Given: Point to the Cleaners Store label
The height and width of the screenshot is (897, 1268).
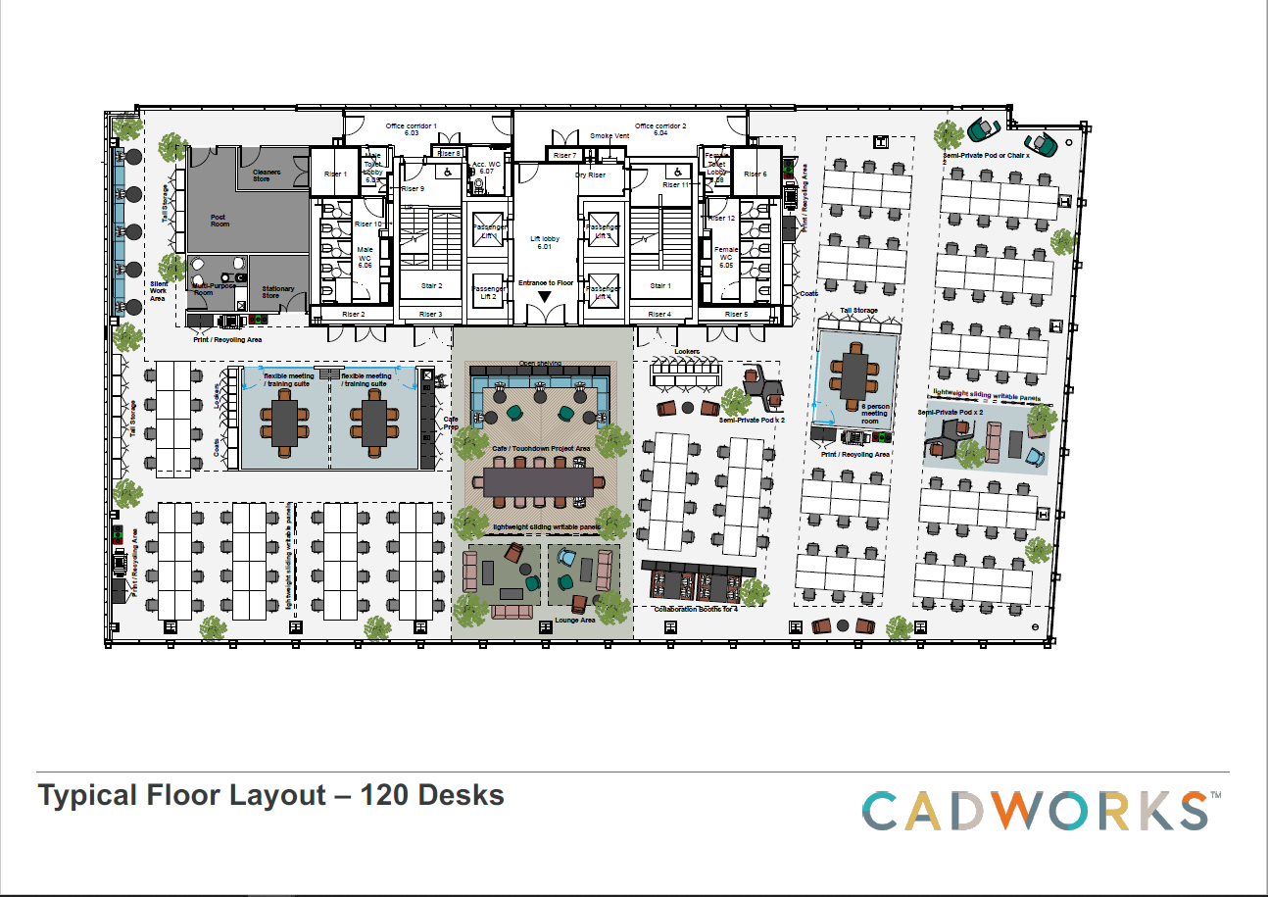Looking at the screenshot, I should [268, 175].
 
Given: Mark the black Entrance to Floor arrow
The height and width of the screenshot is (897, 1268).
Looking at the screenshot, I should [544, 296].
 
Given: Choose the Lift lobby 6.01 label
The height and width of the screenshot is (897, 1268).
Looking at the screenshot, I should [546, 242].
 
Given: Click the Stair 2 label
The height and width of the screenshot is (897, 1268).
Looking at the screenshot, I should [432, 286].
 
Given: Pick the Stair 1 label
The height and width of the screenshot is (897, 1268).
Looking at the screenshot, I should [659, 286].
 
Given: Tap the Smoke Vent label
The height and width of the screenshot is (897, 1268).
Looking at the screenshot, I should [608, 136].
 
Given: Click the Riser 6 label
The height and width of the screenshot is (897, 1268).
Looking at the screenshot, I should [755, 174].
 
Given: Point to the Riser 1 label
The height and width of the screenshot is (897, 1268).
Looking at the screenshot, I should [335, 174].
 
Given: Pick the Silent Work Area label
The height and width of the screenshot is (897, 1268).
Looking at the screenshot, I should [158, 291].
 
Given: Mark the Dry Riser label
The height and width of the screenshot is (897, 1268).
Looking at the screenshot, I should [590, 174].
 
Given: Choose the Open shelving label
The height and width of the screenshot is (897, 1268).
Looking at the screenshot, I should [541, 363].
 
